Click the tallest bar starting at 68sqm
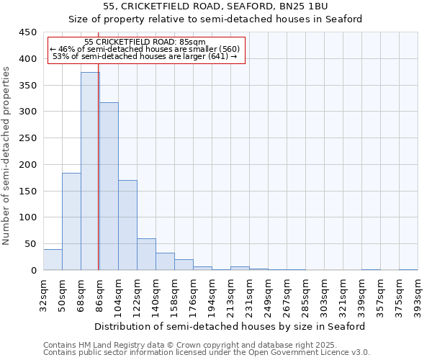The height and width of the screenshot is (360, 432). (x=89, y=171)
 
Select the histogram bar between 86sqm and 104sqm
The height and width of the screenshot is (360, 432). (x=109, y=186)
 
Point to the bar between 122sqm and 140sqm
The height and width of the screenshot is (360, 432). (x=146, y=254)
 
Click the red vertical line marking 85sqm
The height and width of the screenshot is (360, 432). (x=98, y=180)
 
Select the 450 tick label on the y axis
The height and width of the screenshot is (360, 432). (x=28, y=32)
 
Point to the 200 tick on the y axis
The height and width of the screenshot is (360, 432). (x=28, y=165)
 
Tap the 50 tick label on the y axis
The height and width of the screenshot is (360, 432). (x=31, y=244)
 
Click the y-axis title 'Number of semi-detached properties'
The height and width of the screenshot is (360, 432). (x=7, y=156)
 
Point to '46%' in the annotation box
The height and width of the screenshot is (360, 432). (x=67, y=49)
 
